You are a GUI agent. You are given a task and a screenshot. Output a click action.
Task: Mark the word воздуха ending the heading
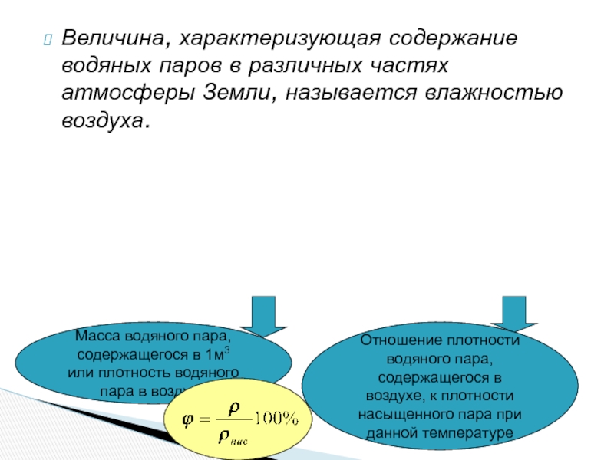point(104,122)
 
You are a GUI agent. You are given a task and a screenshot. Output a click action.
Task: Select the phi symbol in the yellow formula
point(187,420)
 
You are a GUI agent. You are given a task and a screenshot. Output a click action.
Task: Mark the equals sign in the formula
point(203,420)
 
